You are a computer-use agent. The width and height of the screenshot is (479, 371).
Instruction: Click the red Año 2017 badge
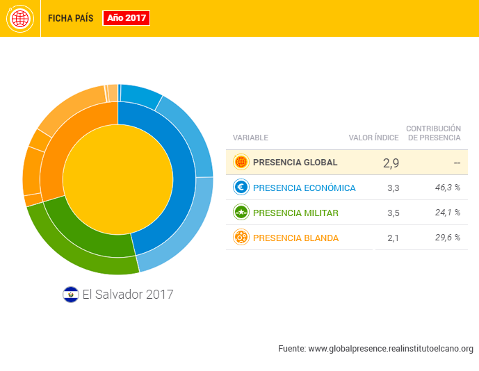coord(127,18)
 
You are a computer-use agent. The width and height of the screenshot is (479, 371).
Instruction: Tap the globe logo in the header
coord(20,18)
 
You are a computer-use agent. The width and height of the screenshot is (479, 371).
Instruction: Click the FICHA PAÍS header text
coord(70,18)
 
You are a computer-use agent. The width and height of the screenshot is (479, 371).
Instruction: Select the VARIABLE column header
coord(250,138)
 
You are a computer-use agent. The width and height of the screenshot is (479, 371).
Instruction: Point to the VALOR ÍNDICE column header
coord(373,138)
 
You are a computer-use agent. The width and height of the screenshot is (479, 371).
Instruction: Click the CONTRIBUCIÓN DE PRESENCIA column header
coord(434,133)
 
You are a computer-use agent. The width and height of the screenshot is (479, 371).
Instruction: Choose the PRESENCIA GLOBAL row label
coord(295,163)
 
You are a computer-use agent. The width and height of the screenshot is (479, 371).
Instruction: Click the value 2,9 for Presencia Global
coord(391,163)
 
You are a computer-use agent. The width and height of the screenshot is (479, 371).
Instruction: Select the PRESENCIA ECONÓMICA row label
coord(304,188)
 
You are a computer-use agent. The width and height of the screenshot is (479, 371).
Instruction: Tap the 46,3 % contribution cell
coord(448,188)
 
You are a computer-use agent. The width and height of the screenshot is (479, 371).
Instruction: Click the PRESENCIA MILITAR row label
coord(295,213)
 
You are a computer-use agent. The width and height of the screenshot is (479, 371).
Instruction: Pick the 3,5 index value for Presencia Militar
coord(393,213)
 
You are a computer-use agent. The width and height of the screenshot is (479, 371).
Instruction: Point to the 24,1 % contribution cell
coord(448,213)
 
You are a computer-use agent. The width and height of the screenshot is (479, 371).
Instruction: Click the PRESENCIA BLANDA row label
coord(295,238)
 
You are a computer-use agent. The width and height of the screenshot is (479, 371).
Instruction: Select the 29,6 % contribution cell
coord(448,238)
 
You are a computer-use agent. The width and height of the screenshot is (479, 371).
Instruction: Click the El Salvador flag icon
coord(70,295)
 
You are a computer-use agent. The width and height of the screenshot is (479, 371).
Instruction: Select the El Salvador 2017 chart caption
coord(127,295)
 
